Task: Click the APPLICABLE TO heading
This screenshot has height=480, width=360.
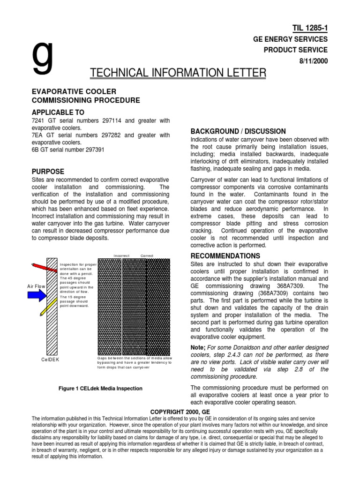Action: click(58, 112)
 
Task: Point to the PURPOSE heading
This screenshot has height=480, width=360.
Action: click(47, 172)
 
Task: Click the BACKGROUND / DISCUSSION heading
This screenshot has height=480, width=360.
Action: click(239, 131)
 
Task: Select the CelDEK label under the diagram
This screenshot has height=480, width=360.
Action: click(47, 360)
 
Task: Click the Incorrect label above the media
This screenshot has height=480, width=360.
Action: click(121, 255)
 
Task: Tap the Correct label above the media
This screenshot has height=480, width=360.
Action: click(146, 255)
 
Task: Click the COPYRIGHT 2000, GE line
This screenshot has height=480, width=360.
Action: click(180, 412)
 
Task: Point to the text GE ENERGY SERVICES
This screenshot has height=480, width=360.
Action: click(296, 39)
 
